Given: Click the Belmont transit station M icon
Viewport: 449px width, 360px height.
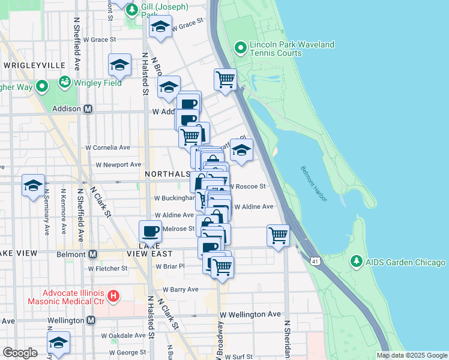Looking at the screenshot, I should point(92,254).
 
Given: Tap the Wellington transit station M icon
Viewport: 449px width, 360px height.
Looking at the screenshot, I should point(91,320).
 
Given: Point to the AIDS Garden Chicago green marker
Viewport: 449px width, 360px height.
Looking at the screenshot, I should point(357,262).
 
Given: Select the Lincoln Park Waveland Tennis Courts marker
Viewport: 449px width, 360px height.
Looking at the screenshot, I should point(240,47).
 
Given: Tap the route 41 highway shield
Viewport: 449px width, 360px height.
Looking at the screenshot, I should point(315,261).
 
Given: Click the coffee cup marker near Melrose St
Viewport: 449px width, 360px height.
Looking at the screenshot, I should point(150,230).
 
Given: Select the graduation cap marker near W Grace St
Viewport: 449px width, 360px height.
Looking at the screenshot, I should point(160,27).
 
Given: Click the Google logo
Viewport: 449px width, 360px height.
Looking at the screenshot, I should point(20,353).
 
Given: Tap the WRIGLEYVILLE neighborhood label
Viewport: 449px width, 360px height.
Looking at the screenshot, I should point(34,64).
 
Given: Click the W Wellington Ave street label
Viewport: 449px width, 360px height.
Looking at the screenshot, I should point(250,314).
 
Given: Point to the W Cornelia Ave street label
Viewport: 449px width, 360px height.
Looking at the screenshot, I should point(107,147).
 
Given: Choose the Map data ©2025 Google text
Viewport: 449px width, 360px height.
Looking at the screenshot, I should point(411,355).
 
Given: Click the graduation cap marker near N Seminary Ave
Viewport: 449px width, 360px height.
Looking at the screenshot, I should point(33,185).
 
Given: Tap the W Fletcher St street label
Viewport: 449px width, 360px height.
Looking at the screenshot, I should point(107,268).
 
